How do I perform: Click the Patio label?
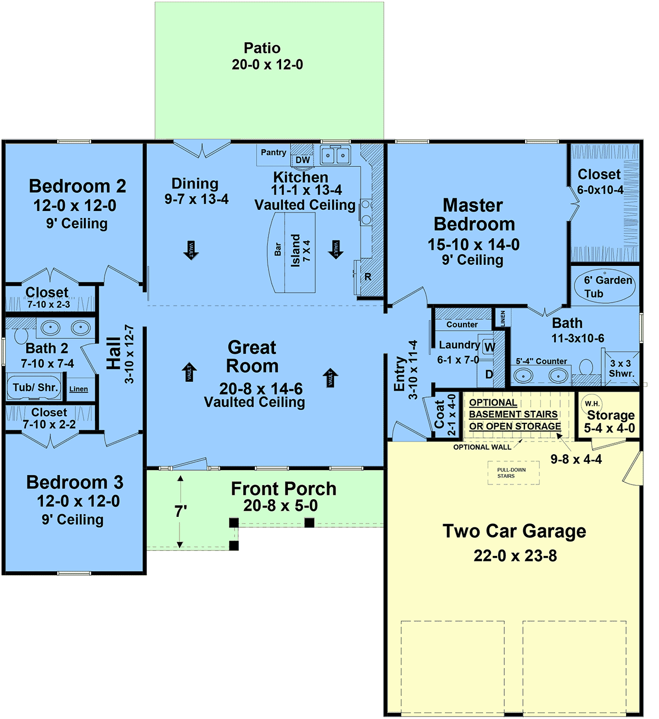click(262, 48)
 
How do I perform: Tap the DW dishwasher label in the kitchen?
click(303, 160)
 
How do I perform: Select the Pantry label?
click(273, 153)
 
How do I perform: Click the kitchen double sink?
click(335, 155)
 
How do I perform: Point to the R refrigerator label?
click(367, 277)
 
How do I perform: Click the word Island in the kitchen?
click(295, 250)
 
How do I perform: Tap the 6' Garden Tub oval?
click(605, 286)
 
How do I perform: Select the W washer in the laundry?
click(489, 347)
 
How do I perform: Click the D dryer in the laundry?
click(489, 375)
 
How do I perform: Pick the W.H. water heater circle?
click(591, 404)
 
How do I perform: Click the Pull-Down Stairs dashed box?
click(513, 473)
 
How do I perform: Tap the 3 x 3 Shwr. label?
click(621, 369)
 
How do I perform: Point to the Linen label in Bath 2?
click(79, 389)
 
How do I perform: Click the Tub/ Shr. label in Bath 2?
click(35, 387)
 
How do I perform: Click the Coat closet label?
click(439, 414)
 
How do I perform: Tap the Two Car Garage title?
click(514, 531)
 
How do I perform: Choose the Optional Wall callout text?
click(482, 447)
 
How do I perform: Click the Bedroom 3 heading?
click(75, 482)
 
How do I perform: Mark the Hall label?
click(114, 353)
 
